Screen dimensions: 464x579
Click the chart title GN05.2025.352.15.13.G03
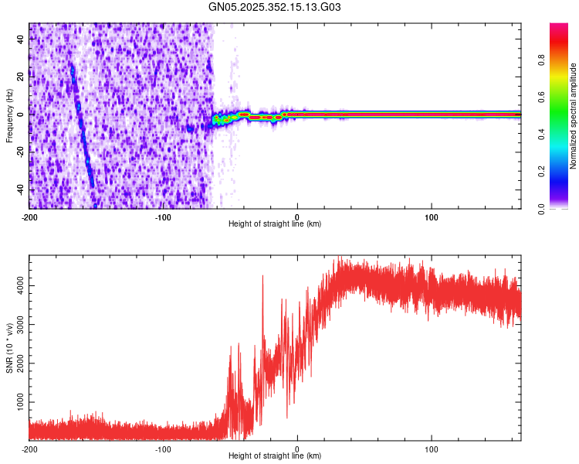tap(275, 7)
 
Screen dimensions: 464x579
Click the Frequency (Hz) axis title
tap(9, 116)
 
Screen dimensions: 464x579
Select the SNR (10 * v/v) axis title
tap(9, 348)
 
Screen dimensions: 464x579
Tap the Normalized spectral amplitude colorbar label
tap(574, 116)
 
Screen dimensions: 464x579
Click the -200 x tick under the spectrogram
tap(29, 217)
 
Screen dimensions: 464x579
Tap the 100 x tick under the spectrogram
tap(432, 217)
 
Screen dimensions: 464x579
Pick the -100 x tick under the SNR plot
tap(164, 449)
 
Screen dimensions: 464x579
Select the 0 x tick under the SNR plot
tap(297, 449)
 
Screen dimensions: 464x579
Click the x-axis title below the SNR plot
tap(275, 456)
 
